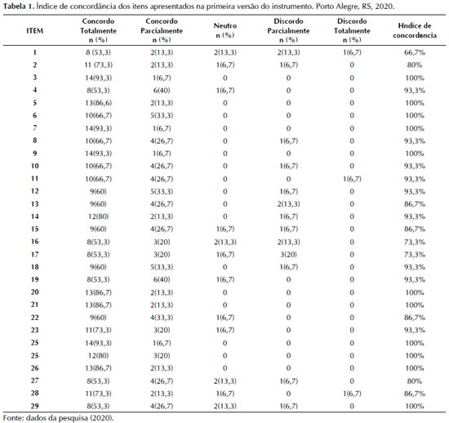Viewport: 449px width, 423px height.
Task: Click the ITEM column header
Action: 34,31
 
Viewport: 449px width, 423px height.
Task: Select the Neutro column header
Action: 225,31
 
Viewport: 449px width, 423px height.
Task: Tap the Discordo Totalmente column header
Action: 352,31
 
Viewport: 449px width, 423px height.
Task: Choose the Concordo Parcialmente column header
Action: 162,31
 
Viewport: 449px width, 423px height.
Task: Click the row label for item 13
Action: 34,204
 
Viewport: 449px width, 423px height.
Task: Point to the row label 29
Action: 34,406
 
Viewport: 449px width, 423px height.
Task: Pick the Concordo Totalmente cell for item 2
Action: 98,65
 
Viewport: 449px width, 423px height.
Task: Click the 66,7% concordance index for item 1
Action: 415,52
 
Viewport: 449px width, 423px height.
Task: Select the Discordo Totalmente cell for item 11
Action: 352,179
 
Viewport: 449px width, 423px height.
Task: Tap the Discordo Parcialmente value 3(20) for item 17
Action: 288,254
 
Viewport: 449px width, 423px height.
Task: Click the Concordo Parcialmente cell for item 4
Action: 162,91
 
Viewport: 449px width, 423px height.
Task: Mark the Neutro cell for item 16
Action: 225,242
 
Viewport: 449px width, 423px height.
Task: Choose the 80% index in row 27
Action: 415,381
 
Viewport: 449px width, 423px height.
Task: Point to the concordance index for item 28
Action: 415,394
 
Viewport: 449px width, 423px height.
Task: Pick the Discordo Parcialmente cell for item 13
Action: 288,204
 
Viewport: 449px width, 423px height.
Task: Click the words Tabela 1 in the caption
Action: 20,7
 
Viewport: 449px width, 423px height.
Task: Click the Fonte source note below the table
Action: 59,418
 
